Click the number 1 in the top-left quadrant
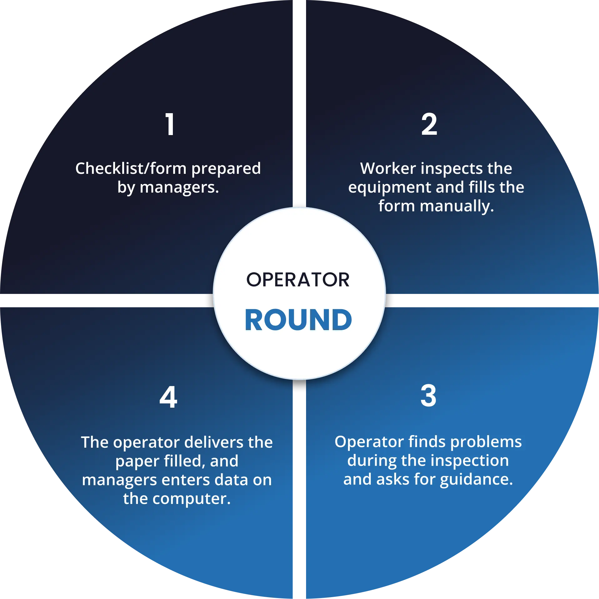point(170,124)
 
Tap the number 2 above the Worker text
point(429,124)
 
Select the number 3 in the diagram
point(428,396)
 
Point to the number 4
point(168,397)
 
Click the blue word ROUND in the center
point(298,320)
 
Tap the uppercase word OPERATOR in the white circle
point(298,279)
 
